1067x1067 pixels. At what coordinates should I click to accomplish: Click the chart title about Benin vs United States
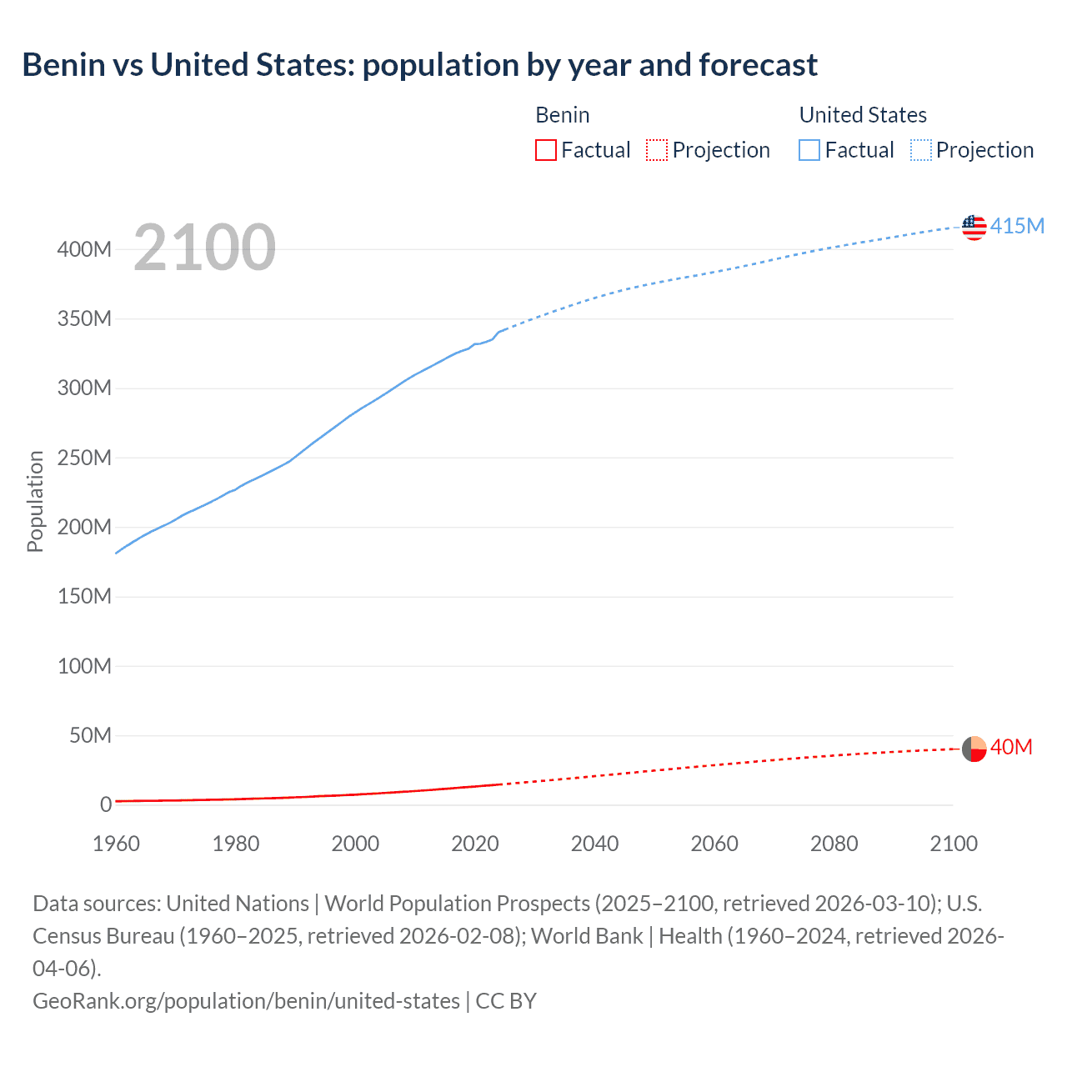tap(419, 65)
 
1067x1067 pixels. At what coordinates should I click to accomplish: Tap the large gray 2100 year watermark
tap(204, 248)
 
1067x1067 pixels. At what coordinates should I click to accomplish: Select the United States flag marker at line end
tap(974, 227)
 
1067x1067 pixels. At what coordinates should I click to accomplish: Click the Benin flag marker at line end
tap(974, 749)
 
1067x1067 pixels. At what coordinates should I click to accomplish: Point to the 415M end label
tap(1017, 227)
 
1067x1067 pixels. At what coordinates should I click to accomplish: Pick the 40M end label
tap(1011, 748)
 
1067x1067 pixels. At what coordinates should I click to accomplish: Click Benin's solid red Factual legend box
tap(546, 150)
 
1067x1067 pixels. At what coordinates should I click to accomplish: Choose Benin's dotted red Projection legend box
tap(657, 150)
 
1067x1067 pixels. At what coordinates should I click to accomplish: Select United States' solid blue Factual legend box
tap(809, 150)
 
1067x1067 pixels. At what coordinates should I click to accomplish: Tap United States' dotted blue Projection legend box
tap(921, 150)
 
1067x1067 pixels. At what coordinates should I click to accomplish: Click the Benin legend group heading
tap(563, 115)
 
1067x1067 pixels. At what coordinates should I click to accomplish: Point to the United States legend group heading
tap(863, 115)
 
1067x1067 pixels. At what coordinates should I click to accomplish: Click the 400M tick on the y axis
tap(84, 249)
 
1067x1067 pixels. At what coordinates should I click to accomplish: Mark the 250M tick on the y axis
tap(84, 458)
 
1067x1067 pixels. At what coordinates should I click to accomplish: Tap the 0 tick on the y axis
tap(106, 804)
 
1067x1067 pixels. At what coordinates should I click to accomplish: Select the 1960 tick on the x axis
tap(116, 844)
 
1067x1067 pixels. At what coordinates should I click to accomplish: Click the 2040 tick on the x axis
tap(594, 844)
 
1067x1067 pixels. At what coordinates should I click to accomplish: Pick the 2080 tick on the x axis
tap(834, 844)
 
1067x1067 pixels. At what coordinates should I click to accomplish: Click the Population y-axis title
tap(35, 501)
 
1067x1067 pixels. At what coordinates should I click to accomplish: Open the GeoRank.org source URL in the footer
tap(246, 1000)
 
